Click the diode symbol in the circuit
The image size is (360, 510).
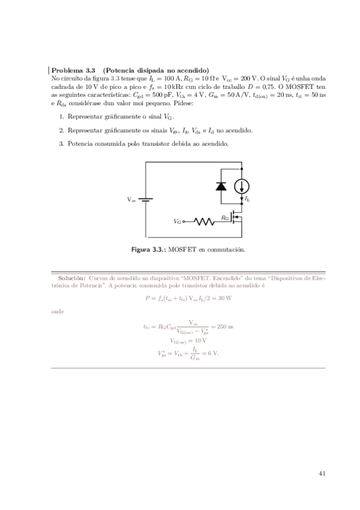coord(221,185)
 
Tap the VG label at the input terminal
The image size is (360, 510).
coord(177,222)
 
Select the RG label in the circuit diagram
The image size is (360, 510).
coord(225,217)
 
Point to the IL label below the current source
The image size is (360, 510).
coord(248,198)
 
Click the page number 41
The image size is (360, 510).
coord(322,473)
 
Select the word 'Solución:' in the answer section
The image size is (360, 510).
coord(72,278)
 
